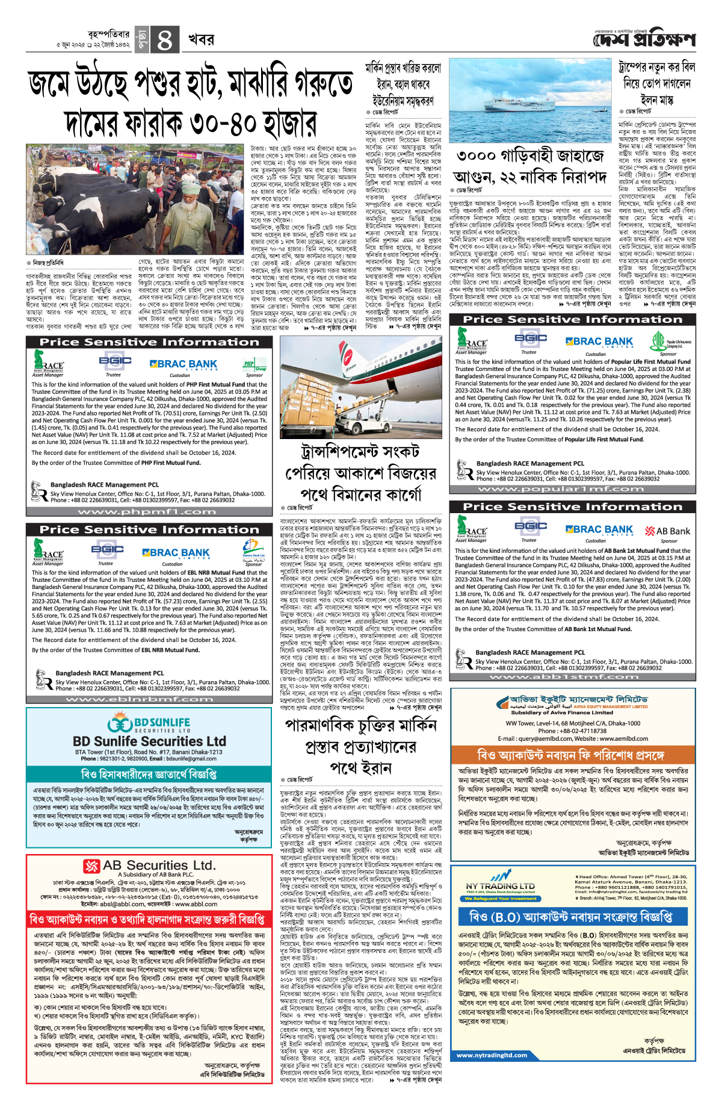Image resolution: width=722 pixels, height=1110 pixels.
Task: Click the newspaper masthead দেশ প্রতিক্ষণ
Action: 644,40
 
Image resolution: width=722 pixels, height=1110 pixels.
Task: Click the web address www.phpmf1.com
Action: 147,511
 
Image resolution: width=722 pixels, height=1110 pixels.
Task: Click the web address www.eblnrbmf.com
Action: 147,699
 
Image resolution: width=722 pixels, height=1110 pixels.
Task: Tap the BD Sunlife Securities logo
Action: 149,723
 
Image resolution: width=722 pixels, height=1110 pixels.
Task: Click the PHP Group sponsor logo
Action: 255,365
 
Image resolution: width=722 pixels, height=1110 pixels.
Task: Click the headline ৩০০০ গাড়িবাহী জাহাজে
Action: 529,156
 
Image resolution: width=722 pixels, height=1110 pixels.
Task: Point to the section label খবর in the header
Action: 201,40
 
